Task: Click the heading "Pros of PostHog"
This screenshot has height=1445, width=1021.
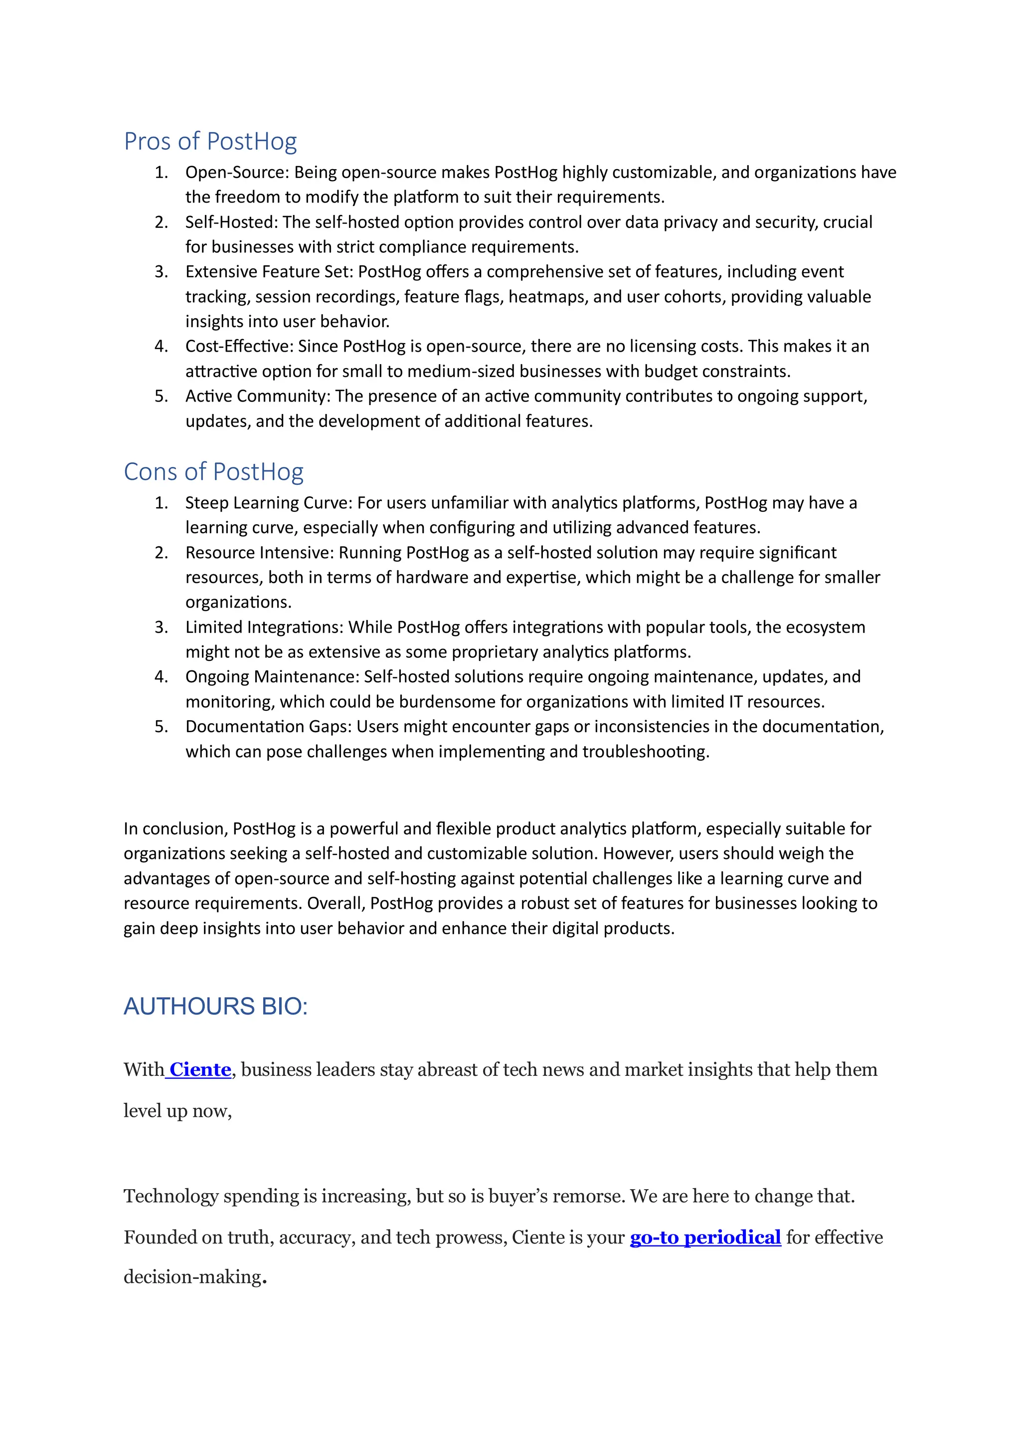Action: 210,142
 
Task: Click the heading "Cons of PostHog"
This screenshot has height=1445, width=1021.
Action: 213,472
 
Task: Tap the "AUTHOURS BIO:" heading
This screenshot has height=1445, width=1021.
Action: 215,1007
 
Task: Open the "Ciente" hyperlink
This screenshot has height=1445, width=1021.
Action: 200,1069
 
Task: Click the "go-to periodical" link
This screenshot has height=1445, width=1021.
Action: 705,1238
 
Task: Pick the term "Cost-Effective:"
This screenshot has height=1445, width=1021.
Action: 239,347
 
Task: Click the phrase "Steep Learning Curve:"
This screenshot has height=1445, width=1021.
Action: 269,503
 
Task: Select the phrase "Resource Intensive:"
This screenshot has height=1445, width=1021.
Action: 259,553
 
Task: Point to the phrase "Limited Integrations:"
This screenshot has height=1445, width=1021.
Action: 264,627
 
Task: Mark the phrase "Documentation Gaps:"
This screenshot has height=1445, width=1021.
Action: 269,727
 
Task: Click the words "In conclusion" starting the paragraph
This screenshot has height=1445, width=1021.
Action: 175,829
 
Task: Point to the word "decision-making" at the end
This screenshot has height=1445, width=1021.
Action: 192,1277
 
